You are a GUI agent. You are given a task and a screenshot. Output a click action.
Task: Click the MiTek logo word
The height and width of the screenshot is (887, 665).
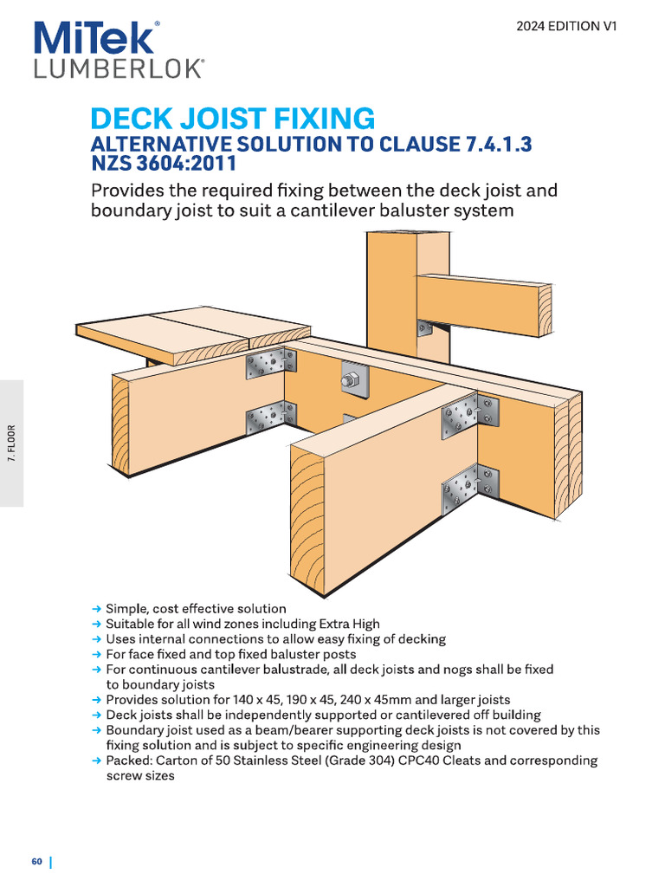[x=95, y=39]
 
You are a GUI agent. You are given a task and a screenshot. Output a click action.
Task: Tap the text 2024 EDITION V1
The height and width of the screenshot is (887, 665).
[x=566, y=26]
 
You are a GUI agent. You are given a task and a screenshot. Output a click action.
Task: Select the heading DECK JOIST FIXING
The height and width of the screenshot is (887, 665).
[x=233, y=119]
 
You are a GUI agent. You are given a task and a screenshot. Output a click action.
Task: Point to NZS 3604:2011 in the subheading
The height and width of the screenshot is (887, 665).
[x=164, y=164]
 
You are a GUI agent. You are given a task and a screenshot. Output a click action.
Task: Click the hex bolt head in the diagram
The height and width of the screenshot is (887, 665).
[x=352, y=379]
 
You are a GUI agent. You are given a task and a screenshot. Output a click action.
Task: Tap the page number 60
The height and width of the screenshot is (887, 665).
[x=37, y=861]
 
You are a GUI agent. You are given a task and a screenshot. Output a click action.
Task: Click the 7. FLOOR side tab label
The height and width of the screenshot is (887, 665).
[x=12, y=443]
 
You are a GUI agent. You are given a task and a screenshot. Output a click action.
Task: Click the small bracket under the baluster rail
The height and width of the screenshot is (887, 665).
[x=424, y=327]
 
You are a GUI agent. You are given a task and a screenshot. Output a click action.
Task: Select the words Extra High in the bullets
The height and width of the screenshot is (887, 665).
[x=349, y=624]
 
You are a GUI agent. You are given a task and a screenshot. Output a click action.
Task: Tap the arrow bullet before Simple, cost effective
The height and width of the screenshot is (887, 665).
[x=97, y=609]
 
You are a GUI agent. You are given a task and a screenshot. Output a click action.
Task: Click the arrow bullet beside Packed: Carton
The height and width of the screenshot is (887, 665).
[x=97, y=761]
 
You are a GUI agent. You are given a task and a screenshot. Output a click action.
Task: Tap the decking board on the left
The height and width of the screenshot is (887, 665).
[x=190, y=333]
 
